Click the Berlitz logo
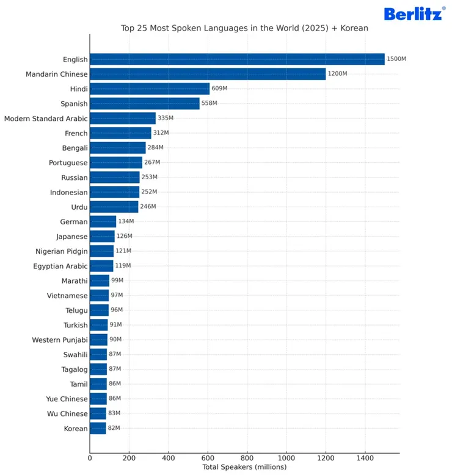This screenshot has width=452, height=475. tap(414, 13)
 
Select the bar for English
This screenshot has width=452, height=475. tap(237, 59)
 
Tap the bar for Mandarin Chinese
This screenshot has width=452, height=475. tap(208, 74)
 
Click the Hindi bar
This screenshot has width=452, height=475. tap(150, 88)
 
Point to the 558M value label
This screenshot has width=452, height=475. tap(210, 104)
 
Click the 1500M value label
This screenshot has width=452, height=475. tap(396, 59)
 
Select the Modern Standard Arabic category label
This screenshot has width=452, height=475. tap(46, 118)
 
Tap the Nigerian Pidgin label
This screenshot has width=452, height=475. tap(62, 251)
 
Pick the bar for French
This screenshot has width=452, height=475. tap(120, 133)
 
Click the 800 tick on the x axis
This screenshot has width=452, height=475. tap(247, 457)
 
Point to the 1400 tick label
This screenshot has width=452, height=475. tap(365, 457)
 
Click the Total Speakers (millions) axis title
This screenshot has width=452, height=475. tap(244, 467)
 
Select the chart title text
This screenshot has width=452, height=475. tap(244, 28)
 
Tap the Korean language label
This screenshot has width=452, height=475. tap(76, 429)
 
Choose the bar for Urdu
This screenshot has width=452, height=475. tap(114, 207)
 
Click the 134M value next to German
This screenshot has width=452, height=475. tap(126, 222)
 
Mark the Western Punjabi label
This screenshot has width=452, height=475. tap(60, 340)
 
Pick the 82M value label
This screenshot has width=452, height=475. tap(114, 429)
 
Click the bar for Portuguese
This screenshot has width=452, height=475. tap(116, 163)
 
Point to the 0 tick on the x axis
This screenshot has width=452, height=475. tap(90, 457)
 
